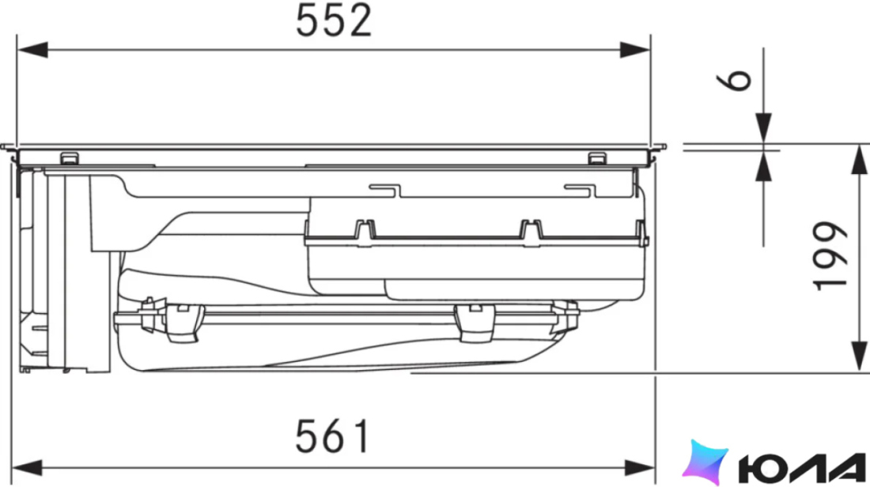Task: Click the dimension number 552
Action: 334,21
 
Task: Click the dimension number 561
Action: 332,436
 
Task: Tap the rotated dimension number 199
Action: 830,255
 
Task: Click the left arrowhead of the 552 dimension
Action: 32,50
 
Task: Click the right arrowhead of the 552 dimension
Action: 635,50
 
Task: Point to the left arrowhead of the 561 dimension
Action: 27,467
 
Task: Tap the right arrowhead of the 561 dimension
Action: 640,467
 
